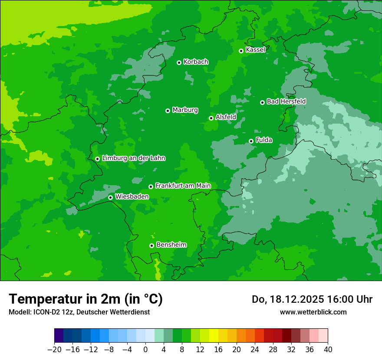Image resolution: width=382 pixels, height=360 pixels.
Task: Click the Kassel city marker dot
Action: click(241, 51)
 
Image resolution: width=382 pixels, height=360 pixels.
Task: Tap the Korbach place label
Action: click(196, 62)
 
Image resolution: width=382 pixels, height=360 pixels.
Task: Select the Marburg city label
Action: click(185, 110)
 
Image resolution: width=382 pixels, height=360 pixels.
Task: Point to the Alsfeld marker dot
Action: click(211, 118)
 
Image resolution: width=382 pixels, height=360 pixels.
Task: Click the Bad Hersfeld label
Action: click(286, 101)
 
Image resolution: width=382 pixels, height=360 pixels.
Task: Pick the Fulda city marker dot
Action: click(251, 141)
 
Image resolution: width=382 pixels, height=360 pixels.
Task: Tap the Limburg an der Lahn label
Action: click(133, 158)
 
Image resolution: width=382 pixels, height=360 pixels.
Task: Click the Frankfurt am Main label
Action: click(183, 186)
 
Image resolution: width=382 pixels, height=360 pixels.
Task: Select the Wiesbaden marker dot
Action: click(110, 197)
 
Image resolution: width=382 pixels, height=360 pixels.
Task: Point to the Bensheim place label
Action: click(171, 245)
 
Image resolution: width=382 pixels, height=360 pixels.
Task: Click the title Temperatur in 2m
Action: click(86, 299)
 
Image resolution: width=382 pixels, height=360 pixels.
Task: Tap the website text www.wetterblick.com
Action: click(313, 312)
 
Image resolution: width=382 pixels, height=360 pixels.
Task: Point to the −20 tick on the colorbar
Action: click(54, 350)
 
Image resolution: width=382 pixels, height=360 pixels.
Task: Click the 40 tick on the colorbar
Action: click(328, 350)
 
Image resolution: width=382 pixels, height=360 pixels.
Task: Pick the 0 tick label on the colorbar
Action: click(145, 350)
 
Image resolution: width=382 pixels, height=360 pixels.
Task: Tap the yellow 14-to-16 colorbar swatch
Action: click(214, 336)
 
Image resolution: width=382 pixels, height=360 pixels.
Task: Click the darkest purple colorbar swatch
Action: click(59, 336)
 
